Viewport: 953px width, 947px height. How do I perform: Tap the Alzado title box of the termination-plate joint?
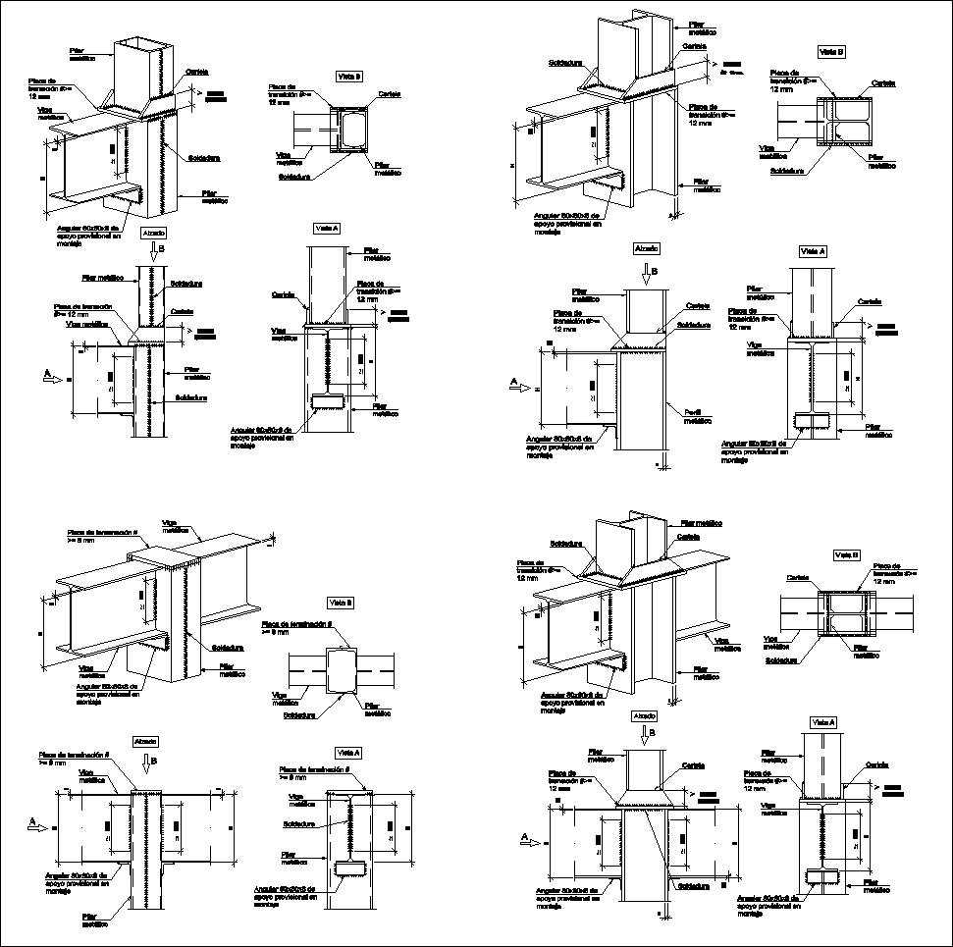[x=144, y=741]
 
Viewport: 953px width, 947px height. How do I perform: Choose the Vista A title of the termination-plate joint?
[x=348, y=752]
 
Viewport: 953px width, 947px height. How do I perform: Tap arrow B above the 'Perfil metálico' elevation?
[x=645, y=271]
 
